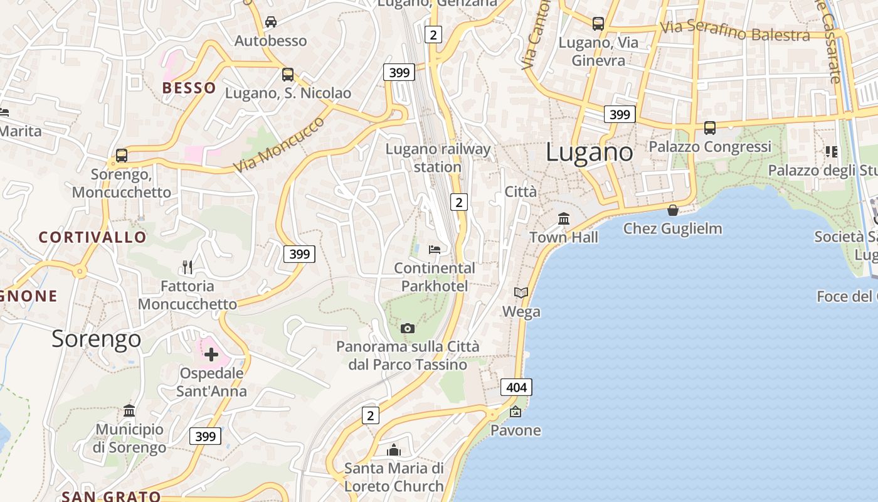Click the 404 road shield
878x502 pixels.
[x=516, y=387]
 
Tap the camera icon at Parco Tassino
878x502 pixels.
[x=408, y=328]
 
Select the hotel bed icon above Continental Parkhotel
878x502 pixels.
[x=435, y=249]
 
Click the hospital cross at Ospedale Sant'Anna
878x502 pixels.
[x=211, y=355]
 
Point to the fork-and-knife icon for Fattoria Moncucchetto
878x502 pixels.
[x=188, y=267]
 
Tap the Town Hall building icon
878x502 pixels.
[x=564, y=219]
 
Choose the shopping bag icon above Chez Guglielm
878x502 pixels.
[x=673, y=210]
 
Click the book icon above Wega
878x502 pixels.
[x=521, y=292]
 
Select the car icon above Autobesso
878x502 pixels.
[x=271, y=22]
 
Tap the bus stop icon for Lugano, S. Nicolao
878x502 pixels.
[x=288, y=75]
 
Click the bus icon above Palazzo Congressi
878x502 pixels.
[x=710, y=128]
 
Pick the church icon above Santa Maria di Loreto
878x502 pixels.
[x=394, y=450]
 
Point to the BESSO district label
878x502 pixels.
[x=189, y=88]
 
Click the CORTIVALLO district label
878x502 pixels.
[x=93, y=237]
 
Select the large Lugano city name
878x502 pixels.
[x=590, y=152]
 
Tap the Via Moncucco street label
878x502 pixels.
[x=280, y=145]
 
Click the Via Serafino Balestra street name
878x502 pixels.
[x=734, y=31]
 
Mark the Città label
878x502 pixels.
[x=521, y=191]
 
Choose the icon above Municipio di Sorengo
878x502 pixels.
[x=129, y=411]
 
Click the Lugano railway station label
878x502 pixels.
[x=438, y=158]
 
